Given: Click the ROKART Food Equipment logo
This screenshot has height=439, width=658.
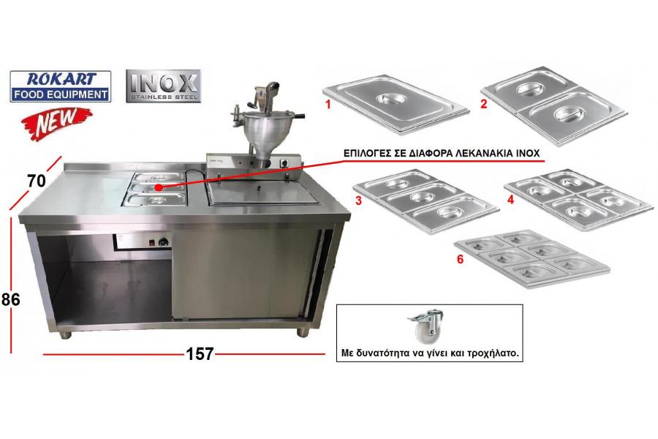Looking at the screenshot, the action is [x=61, y=86].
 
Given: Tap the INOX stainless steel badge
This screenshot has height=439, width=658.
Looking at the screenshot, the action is [x=163, y=86].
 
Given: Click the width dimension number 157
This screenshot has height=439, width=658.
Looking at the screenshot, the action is [x=200, y=353].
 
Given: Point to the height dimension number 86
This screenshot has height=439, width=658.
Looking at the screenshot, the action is [x=10, y=299].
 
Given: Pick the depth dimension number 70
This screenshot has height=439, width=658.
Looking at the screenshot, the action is [x=36, y=181].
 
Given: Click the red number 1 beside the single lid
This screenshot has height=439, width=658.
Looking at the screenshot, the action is [x=328, y=104].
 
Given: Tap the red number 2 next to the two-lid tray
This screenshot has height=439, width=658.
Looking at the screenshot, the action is [x=484, y=104].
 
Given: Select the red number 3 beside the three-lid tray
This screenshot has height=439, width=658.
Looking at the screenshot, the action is [x=358, y=200].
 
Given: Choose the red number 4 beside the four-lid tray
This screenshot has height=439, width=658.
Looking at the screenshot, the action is [x=510, y=199].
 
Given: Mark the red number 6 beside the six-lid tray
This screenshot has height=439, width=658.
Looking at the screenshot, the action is [x=461, y=259].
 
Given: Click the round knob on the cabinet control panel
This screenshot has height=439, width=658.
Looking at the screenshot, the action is [x=163, y=242].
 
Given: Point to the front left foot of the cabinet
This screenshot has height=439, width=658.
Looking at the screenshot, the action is [x=65, y=335].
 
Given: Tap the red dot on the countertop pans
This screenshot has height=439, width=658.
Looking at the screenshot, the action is [x=158, y=187].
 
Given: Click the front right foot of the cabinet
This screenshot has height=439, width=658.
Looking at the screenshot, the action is [x=303, y=332].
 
